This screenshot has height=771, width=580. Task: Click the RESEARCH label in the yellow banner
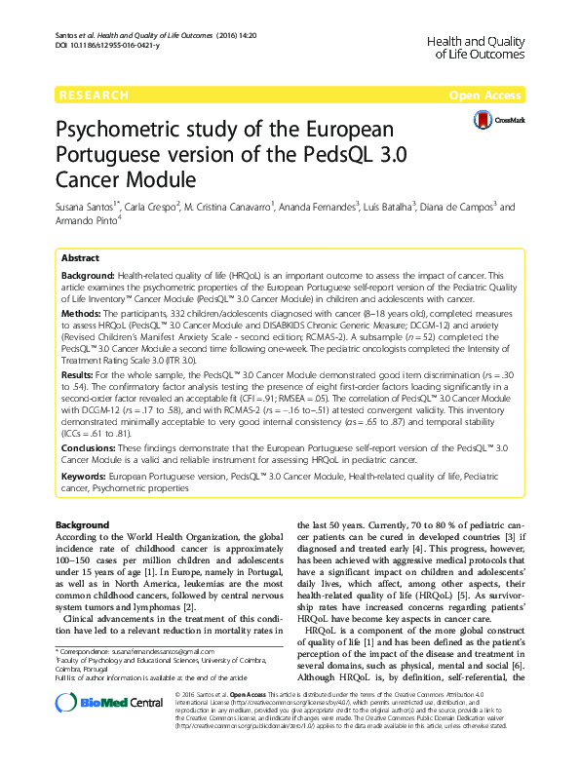click(x=94, y=96)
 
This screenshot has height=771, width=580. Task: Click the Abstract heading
click(x=80, y=258)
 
